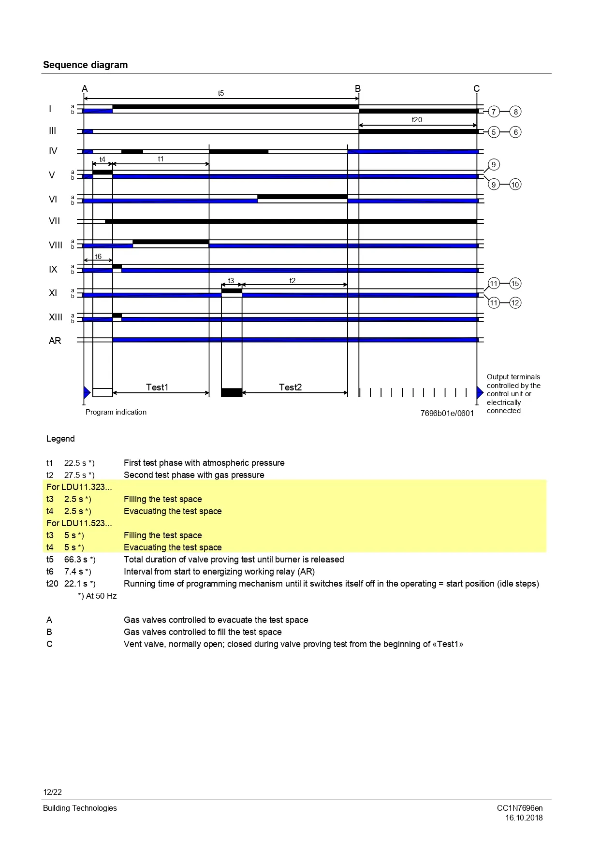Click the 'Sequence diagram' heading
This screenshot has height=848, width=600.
(85, 65)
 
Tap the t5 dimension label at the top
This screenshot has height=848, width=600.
(221, 93)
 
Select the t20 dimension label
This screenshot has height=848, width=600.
(417, 120)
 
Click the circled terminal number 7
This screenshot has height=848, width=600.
(493, 112)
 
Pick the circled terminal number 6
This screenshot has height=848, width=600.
(515, 132)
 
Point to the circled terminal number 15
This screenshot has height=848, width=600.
(515, 284)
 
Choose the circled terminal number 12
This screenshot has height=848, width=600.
(515, 303)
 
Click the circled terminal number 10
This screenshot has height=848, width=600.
(515, 185)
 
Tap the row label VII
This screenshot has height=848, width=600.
(54, 221)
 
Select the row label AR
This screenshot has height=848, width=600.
(55, 341)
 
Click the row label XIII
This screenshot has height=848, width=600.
(55, 317)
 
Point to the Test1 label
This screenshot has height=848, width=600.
(157, 387)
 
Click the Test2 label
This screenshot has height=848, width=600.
(290, 387)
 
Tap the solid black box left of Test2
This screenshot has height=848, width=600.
(232, 392)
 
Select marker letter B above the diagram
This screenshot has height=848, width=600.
(358, 88)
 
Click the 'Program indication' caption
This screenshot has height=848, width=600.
(116, 412)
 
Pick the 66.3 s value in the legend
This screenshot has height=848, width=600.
(76, 560)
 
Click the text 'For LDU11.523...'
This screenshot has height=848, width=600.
(79, 523)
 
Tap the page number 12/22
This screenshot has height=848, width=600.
(52, 792)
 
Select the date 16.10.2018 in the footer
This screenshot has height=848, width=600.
(524, 818)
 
